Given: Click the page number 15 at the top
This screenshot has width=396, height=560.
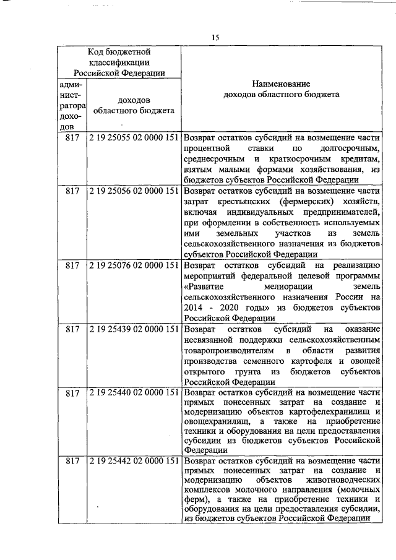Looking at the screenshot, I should [x=215, y=38].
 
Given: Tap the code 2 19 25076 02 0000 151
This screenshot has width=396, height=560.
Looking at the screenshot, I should [x=134, y=265].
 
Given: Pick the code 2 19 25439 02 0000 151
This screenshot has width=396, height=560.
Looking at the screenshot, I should [x=134, y=329].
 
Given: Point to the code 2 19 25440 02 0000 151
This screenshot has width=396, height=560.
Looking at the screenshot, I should [x=134, y=393].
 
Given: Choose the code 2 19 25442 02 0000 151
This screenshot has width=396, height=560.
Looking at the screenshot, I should [x=134, y=461].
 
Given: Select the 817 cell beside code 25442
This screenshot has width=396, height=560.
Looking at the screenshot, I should [x=72, y=461].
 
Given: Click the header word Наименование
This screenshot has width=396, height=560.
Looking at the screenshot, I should [x=281, y=84].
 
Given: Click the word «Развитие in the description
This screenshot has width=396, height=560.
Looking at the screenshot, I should [x=205, y=286].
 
